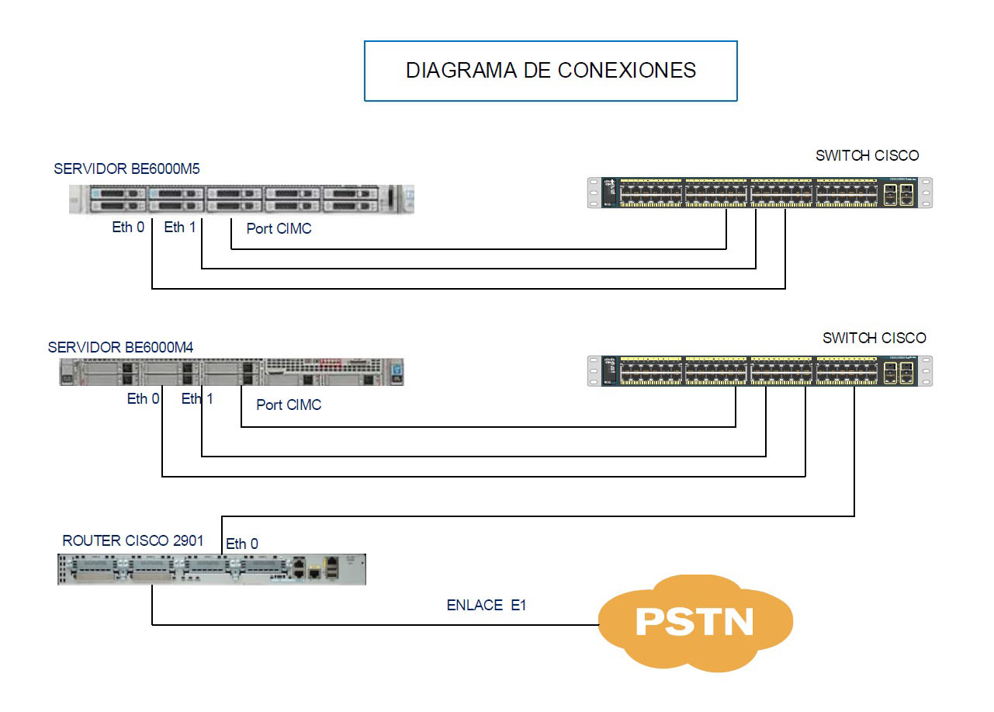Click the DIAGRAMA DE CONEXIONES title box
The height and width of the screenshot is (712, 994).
[x=550, y=71]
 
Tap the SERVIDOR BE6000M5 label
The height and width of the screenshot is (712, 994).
[x=126, y=169]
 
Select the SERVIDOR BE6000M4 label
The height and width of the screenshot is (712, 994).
[x=120, y=347]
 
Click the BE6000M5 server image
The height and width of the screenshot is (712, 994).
[x=241, y=200]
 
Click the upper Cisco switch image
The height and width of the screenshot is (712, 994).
[x=760, y=193]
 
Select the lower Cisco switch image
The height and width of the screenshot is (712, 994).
[x=760, y=371]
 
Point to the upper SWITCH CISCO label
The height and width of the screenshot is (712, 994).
[x=867, y=156]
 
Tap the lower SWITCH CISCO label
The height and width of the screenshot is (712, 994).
[x=874, y=339]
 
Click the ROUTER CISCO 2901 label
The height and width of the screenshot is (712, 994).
[x=133, y=541]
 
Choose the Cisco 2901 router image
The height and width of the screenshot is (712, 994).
[x=211, y=570]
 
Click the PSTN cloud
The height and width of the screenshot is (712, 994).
[x=694, y=623]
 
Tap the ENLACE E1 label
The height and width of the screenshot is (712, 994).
[x=487, y=606]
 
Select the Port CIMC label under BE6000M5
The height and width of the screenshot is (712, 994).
[x=279, y=229]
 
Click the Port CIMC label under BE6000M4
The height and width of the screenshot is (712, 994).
[x=289, y=405]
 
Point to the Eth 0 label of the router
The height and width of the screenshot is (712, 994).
[x=242, y=544]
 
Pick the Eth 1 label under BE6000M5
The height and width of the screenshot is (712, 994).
[x=180, y=227]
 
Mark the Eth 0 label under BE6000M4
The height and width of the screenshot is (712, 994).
[x=144, y=399]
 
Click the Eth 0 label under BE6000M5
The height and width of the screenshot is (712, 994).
[x=128, y=228]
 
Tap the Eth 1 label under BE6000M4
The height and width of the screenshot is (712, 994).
[x=197, y=399]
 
